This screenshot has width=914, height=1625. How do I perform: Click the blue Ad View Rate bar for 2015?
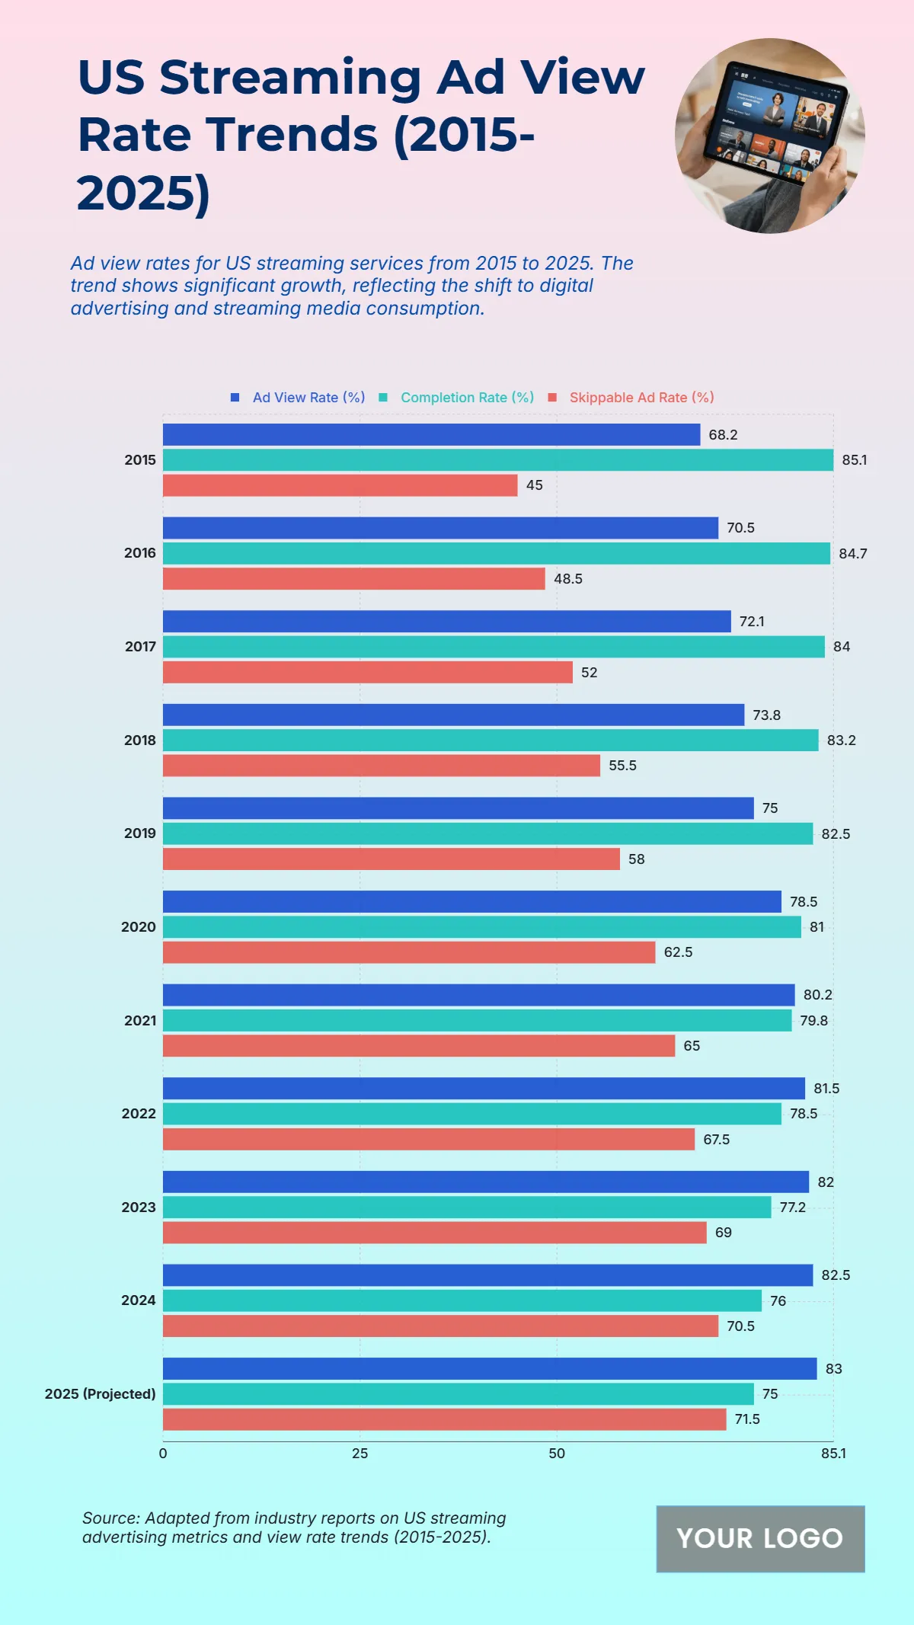click(x=431, y=434)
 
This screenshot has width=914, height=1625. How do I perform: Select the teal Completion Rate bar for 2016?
click(x=496, y=553)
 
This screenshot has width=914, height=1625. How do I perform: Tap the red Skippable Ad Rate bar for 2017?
click(x=367, y=672)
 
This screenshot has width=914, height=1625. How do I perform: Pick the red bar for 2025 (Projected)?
click(x=444, y=1419)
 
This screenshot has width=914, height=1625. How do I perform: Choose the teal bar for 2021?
click(x=477, y=1020)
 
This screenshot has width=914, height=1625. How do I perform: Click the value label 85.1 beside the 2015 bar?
click(x=854, y=460)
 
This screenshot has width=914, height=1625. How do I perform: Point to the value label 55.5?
click(x=622, y=766)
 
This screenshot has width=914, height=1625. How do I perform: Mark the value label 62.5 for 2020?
click(x=678, y=952)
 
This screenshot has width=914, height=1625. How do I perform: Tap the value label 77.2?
click(x=792, y=1208)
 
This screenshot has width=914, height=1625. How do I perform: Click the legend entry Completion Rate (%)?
click(x=467, y=398)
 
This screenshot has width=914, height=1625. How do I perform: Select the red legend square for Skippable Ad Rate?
click(x=553, y=398)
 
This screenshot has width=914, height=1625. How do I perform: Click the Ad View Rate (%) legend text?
click(x=308, y=398)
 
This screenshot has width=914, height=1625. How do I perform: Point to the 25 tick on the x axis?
click(x=360, y=1454)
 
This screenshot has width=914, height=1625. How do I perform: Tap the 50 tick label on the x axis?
click(x=557, y=1454)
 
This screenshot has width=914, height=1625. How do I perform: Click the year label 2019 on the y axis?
click(x=140, y=833)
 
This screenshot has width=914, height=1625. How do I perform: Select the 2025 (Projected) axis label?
click(x=100, y=1394)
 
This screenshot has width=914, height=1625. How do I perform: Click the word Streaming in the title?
click(x=290, y=77)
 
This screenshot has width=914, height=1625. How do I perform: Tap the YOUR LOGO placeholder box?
click(x=760, y=1538)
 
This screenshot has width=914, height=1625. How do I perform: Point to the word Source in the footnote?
click(x=111, y=1518)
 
